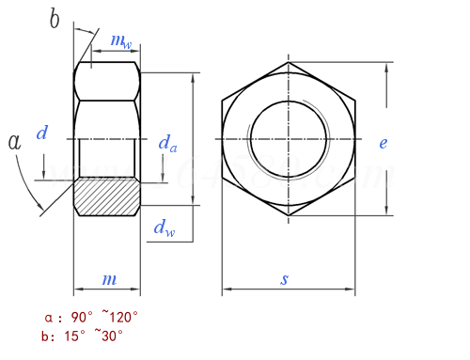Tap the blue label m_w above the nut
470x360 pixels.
[x=120, y=40]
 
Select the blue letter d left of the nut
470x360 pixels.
[x=41, y=133]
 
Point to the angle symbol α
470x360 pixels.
[x=14, y=142]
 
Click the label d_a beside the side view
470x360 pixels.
[x=167, y=143]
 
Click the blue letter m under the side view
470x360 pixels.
[x=109, y=279]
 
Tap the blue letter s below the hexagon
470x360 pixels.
[x=285, y=279]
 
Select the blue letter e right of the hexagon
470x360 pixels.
[x=383, y=143]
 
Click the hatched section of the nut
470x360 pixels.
[x=107, y=196]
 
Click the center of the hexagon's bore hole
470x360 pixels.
[x=290, y=139]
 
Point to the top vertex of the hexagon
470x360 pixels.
[x=290, y=63]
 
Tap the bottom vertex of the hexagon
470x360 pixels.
[x=290, y=216]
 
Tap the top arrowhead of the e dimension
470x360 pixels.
[x=387, y=67]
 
